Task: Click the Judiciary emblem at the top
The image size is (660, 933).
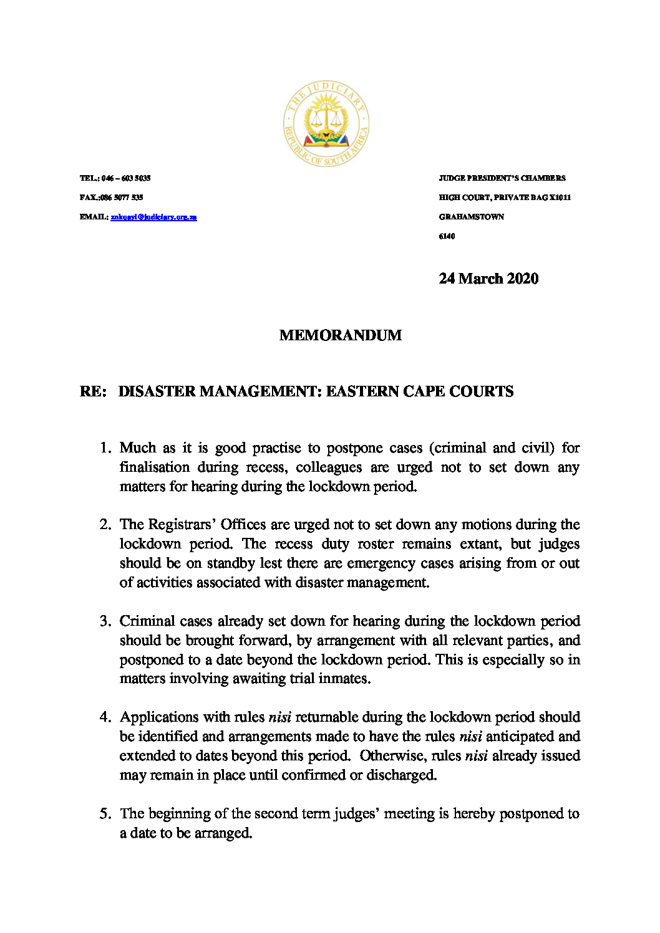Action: tap(326, 123)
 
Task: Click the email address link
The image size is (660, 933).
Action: tap(153, 217)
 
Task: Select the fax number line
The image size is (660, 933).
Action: tap(112, 198)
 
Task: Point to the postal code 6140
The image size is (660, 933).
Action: tap(447, 236)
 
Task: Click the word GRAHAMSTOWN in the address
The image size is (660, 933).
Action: tap(472, 217)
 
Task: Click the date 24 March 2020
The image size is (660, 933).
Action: tap(488, 279)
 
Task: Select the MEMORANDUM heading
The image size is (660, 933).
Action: tap(341, 335)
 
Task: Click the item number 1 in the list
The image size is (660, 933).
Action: tap(105, 448)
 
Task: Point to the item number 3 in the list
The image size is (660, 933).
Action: tap(105, 621)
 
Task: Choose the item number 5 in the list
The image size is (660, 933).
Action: tap(105, 814)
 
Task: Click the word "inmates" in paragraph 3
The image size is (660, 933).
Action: tap(345, 679)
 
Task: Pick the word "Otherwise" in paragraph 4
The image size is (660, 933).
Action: tap(392, 756)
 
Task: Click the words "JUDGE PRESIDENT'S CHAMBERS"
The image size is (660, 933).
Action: tap(502, 178)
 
